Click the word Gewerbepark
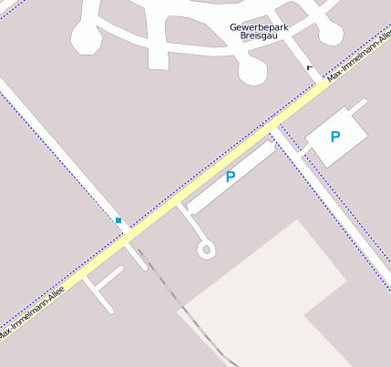(260, 28)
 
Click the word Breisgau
(260, 37)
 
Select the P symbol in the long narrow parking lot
(231, 177)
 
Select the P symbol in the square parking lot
(335, 137)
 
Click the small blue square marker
(118, 220)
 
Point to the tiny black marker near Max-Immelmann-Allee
(310, 67)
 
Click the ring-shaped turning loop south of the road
(206, 249)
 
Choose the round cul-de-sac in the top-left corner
(87, 38)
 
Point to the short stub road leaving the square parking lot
(355, 108)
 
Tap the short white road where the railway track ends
(137, 256)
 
